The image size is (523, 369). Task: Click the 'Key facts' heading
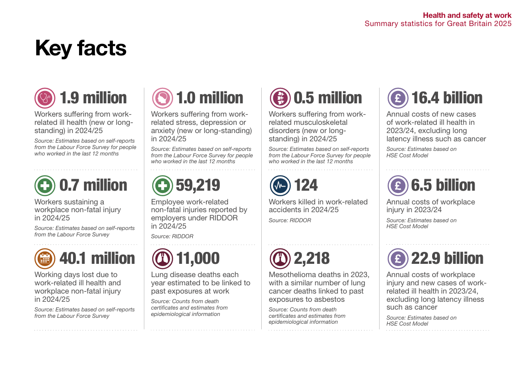(x=80, y=48)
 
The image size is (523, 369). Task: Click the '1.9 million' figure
(x=93, y=98)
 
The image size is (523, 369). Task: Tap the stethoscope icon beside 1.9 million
(x=45, y=98)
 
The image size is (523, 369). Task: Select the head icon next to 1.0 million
(x=162, y=98)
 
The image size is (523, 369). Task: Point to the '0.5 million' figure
(x=328, y=98)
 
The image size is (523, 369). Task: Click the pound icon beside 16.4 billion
(x=397, y=98)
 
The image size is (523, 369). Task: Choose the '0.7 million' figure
(x=93, y=185)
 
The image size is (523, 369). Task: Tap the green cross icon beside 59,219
(x=162, y=185)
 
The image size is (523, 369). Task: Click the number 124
(x=306, y=185)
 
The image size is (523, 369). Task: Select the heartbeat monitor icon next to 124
(x=280, y=185)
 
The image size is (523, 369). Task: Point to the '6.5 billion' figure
(x=443, y=185)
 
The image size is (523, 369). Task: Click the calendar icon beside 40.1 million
(x=45, y=258)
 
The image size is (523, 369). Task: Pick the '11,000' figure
(x=198, y=258)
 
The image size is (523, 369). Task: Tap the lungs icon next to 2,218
(x=280, y=258)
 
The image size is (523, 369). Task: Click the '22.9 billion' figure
(x=447, y=258)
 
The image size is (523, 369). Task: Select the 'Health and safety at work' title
(x=467, y=16)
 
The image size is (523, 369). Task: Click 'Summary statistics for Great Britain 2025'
(x=438, y=24)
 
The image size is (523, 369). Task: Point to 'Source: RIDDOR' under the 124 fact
(x=290, y=220)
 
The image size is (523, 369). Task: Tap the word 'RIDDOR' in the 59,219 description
(x=223, y=218)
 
